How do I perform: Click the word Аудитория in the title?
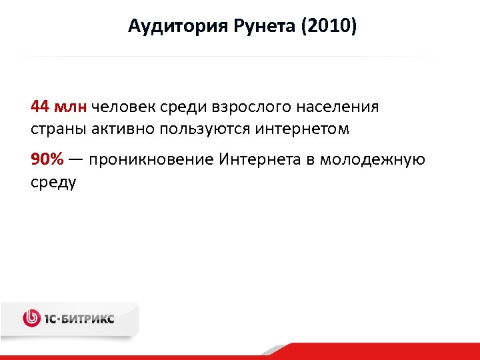pyautogui.click(x=172, y=27)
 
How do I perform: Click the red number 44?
pyautogui.click(x=40, y=107)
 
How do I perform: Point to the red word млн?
pyautogui.click(x=71, y=107)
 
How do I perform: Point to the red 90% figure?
pyautogui.click(x=47, y=160)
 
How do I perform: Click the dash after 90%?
pyautogui.click(x=75, y=161)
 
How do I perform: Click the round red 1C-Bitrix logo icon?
pyautogui.click(x=31, y=319)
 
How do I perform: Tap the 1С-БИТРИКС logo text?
pyautogui.click(x=79, y=319)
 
